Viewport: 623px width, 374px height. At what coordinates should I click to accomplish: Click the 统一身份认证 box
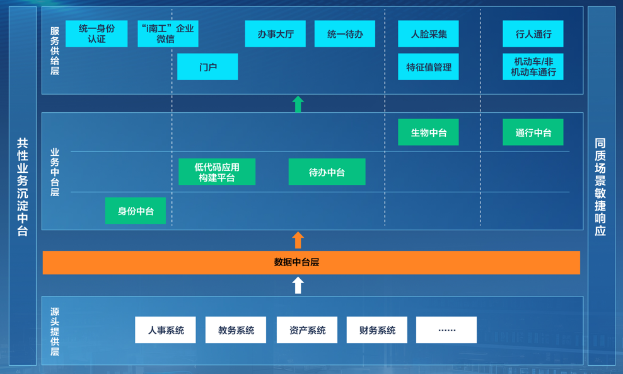pos(96,34)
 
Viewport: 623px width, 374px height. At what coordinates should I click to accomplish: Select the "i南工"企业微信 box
pos(168,34)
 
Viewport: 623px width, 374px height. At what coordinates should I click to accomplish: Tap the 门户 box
pos(207,67)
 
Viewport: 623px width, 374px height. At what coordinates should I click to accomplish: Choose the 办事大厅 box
pos(275,34)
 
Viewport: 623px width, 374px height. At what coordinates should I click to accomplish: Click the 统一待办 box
pos(345,34)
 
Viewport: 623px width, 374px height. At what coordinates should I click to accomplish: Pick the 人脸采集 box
pos(428,34)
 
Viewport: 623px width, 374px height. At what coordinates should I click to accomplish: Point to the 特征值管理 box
pos(428,67)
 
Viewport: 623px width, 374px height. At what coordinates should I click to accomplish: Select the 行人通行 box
pos(533,34)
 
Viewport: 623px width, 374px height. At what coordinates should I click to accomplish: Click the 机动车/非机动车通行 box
pos(533,67)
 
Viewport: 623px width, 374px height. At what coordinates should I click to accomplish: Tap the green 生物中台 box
pos(428,132)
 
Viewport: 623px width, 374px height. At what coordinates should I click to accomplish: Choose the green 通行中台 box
pos(533,132)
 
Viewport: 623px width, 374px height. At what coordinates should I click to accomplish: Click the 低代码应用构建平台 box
pos(217,172)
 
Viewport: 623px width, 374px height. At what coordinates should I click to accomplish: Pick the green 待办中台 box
pos(327,172)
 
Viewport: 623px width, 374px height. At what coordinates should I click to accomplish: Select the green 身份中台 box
pos(136,211)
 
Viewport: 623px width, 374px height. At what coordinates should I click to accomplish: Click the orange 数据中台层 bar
pos(311,262)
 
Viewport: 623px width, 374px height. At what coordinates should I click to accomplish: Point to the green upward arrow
pos(298,104)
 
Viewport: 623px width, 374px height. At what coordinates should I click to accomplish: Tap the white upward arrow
pos(298,285)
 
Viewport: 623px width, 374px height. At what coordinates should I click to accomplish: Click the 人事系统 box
pos(165,330)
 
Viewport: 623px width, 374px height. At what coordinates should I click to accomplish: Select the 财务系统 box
pos(376,330)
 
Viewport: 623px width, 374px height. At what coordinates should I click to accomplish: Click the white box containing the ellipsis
pos(446,330)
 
